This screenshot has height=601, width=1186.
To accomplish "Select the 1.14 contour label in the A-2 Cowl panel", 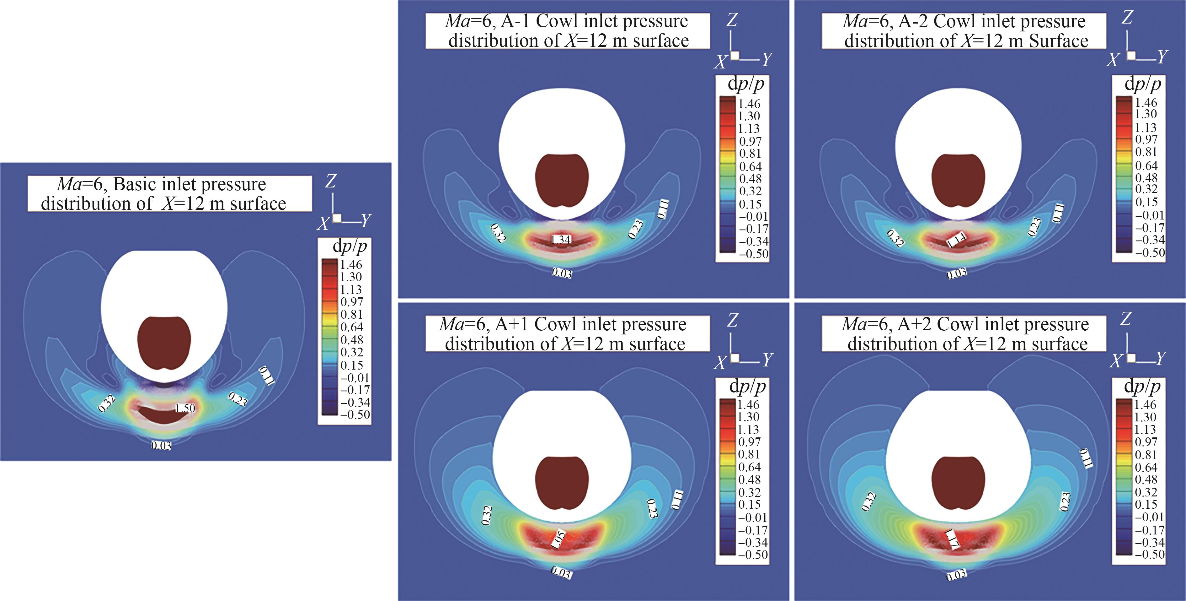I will point(956,240).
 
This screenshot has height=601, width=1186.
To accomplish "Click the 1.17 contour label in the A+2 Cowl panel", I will point(952,539).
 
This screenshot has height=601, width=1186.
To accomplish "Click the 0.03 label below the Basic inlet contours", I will point(161,445).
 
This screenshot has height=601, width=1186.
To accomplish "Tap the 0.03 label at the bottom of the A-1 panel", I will point(562,273).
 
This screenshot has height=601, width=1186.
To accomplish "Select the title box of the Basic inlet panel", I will point(169,193).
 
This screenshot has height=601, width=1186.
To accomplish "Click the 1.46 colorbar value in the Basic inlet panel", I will point(351,265).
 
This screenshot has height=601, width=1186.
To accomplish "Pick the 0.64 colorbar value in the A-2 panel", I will point(1146,165).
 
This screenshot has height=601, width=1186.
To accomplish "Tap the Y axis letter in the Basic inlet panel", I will point(366,221).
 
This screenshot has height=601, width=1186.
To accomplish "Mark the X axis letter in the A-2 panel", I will point(1113,60).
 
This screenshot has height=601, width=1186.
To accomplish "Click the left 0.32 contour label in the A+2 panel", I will point(868,501).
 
